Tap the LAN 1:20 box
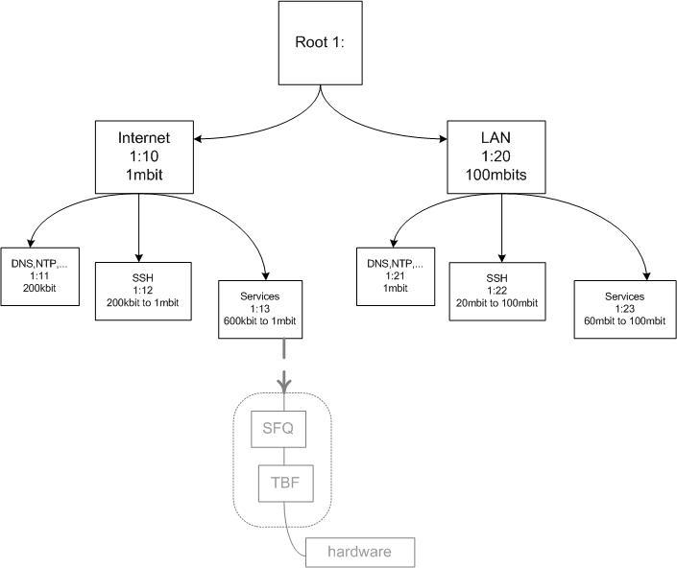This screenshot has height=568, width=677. coord(495,154)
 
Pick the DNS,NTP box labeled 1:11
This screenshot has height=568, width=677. coord(39,275)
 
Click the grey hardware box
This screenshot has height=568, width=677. coord(361,552)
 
